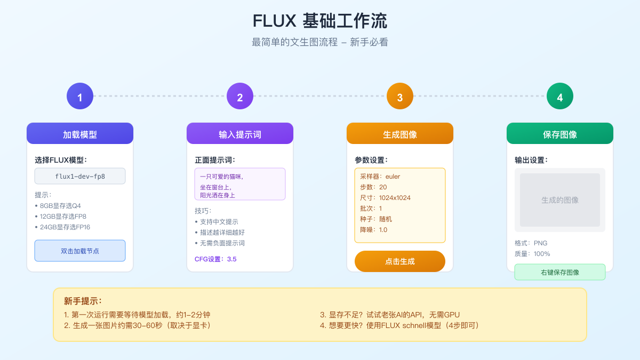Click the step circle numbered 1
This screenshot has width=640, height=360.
[x=80, y=97]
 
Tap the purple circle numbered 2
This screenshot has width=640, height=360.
[x=240, y=97]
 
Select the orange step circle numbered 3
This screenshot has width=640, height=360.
[x=400, y=97]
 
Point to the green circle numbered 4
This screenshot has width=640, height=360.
[x=560, y=97]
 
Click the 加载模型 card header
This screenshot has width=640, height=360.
[x=80, y=134]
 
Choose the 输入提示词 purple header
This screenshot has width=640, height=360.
[x=240, y=134]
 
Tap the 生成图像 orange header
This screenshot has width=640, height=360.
[x=400, y=134]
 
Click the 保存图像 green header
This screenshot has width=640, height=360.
[x=560, y=134]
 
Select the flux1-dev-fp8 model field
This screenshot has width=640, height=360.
[x=80, y=176]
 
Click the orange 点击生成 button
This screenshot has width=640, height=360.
[x=400, y=261]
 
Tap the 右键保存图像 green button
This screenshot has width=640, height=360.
[x=560, y=272]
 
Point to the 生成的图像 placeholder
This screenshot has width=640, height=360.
[x=560, y=200]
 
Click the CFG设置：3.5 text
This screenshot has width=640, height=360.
[x=215, y=259]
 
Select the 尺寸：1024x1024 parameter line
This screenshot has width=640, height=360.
[x=385, y=198]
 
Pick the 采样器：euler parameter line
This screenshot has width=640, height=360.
[x=380, y=177]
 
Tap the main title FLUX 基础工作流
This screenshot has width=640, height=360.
[x=320, y=21]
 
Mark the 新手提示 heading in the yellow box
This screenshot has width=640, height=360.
[x=83, y=301]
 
